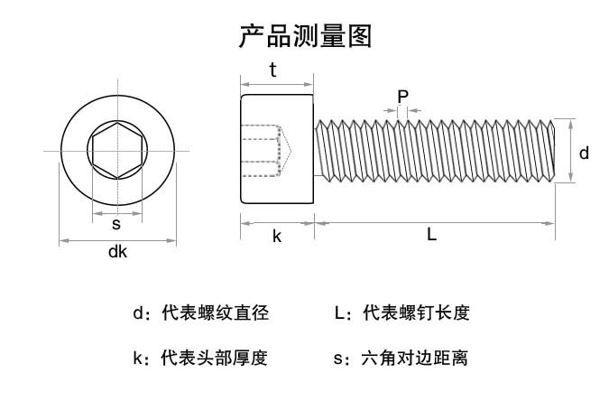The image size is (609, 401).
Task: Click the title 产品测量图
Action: coord(306,36)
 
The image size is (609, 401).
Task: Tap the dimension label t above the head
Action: coord(273,70)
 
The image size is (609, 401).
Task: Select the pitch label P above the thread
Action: coord(402,97)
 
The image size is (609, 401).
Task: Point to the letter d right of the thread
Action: coord(584,153)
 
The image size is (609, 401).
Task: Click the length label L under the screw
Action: coord(431,234)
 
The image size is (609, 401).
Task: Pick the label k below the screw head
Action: coord(277,236)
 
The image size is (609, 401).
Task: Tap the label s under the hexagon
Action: coord(116,224)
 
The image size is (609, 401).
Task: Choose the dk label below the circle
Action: coord(117,251)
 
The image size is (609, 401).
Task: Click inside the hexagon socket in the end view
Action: coord(117,151)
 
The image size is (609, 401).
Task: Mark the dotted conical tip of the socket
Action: coord(286,151)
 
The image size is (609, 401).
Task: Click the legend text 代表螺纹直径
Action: coord(215,312)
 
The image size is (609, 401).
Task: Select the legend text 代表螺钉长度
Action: coord(416,312)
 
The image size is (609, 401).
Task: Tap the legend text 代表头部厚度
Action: coord(215,358)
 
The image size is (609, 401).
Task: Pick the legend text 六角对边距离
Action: coord(415,358)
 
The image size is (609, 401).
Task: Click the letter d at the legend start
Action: coord(138,313)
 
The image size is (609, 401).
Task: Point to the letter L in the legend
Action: coord(339,313)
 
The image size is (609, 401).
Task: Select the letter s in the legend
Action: coord(338,359)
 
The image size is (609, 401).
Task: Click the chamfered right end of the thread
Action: coord(553,151)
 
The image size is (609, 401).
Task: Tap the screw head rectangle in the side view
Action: coord(277,149)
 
